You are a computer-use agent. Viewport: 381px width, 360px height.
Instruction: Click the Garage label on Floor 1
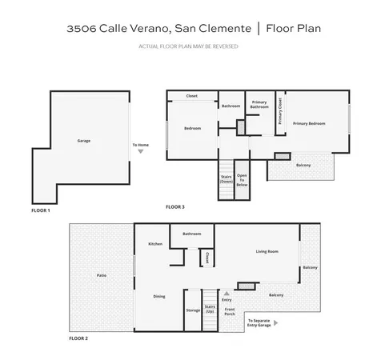[83, 141]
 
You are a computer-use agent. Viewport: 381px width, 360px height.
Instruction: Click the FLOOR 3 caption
[175, 207]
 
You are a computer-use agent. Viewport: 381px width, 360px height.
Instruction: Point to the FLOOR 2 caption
[78, 339]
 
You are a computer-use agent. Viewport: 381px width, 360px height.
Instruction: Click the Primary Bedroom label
[308, 123]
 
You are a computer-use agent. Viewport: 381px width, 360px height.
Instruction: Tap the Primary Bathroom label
[259, 105]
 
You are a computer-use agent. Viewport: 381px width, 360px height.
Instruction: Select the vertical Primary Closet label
[280, 111]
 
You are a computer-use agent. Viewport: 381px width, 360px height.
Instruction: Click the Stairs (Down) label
[226, 182]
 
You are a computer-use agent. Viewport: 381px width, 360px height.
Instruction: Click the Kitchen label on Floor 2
[155, 243]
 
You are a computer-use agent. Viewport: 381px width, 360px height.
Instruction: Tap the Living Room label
[267, 251]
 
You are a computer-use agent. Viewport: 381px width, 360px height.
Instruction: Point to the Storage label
[193, 310]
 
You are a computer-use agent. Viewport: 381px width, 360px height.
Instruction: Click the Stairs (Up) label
[210, 308]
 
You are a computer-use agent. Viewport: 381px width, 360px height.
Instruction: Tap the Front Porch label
[230, 311]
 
